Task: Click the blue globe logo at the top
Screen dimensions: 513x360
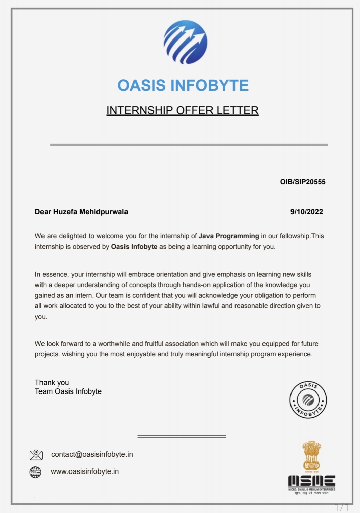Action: pyautogui.click(x=185, y=42)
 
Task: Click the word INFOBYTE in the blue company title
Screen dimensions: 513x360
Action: pyautogui.click(x=210, y=85)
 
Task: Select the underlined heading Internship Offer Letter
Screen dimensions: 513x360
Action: pyautogui.click(x=183, y=110)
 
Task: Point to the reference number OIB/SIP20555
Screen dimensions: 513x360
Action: pyautogui.click(x=303, y=182)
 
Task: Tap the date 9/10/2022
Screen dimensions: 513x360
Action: pyautogui.click(x=306, y=212)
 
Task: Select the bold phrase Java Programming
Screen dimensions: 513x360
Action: pyautogui.click(x=229, y=236)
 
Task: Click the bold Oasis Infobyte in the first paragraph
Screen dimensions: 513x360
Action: pyautogui.click(x=134, y=247)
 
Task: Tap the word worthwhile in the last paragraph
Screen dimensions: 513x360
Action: pyautogui.click(x=114, y=344)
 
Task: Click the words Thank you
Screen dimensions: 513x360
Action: pyautogui.click(x=52, y=382)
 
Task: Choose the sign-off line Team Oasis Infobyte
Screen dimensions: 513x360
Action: pyautogui.click(x=68, y=391)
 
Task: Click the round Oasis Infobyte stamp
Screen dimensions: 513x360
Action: pyautogui.click(x=308, y=400)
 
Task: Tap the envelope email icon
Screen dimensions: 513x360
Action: pyautogui.click(x=36, y=455)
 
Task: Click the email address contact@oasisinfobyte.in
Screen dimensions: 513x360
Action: pyautogui.click(x=92, y=454)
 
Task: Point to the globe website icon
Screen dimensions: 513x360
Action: pyautogui.click(x=35, y=472)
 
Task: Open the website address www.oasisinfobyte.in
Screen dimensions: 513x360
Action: pyautogui.click(x=85, y=471)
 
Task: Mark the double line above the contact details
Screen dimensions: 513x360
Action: pyautogui.click(x=182, y=436)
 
